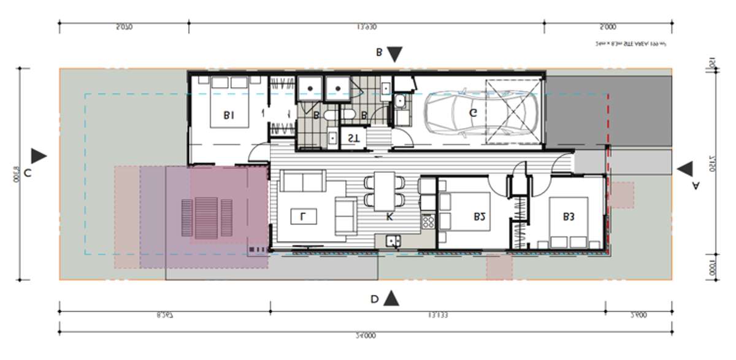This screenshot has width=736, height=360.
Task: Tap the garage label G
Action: pos(473,112)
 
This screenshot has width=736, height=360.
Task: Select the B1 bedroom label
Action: pos(229,114)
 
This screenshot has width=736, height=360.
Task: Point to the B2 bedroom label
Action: pos(480,216)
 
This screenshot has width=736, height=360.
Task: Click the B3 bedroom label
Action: pos(568,216)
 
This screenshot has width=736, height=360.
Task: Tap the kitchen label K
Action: pos(389,216)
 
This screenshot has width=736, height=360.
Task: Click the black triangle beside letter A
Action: pos(685,169)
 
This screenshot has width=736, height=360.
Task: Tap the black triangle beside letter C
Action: pos(39,156)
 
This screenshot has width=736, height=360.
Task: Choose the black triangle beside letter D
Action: pos(391,299)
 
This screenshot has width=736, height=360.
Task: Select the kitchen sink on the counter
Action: pos(393,242)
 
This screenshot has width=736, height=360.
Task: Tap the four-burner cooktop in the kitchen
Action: pos(428,221)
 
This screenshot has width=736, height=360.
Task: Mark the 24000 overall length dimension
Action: pos(366,335)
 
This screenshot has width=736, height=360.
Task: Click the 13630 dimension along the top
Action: pos(366,27)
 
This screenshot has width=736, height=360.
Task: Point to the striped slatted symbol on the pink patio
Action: pos(207,220)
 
